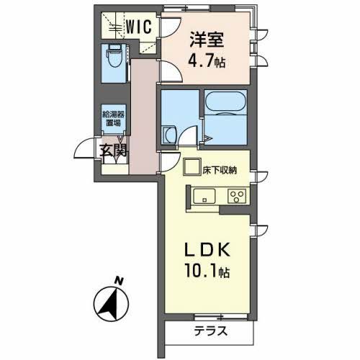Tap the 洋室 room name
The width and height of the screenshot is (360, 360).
coord(207,40)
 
